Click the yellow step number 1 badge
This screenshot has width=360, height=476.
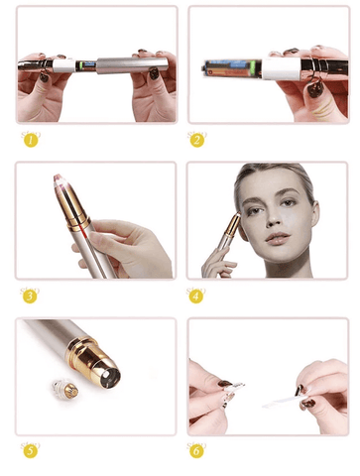click(30, 140)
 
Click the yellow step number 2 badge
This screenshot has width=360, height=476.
click(196, 140)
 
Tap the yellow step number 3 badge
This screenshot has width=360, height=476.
click(30, 296)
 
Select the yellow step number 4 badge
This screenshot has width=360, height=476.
click(196, 296)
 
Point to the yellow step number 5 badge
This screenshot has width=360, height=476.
click(30, 451)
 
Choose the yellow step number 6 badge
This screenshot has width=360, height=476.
click(196, 451)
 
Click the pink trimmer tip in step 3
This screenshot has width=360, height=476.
click(59, 181)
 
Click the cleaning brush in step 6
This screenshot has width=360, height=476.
click(283, 400)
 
